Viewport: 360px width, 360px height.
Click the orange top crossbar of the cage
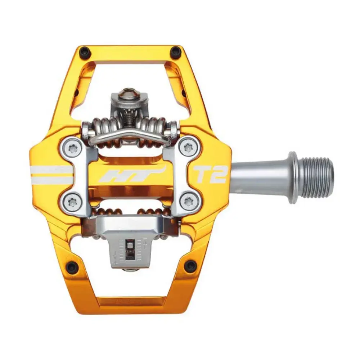[130, 53]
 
